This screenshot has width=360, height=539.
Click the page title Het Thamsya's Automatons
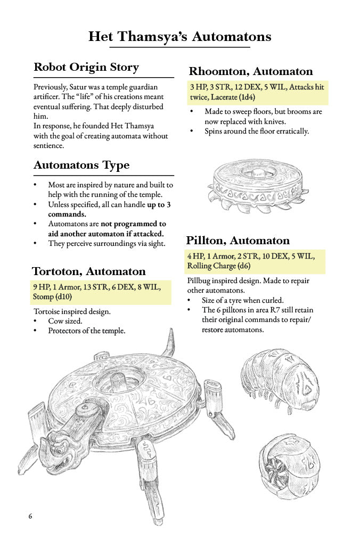click(x=179, y=37)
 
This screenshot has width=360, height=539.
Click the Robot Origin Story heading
click(x=86, y=68)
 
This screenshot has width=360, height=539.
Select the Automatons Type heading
click(x=81, y=165)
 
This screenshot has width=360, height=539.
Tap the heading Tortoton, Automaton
click(x=88, y=271)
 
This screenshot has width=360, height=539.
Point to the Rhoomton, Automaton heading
click(x=251, y=71)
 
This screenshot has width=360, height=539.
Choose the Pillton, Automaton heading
click(x=238, y=241)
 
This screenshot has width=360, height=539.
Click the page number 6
click(x=30, y=516)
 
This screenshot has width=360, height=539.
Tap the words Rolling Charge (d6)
click(x=218, y=266)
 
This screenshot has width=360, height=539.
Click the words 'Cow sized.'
click(x=65, y=321)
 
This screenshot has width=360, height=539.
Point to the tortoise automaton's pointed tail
click(x=170, y=343)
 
